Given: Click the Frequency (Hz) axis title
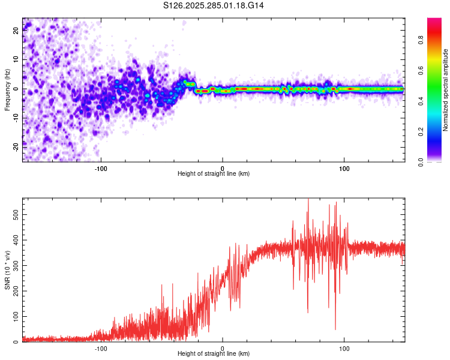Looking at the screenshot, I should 7,89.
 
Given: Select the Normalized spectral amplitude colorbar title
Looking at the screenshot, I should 445,89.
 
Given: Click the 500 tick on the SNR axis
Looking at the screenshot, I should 13,214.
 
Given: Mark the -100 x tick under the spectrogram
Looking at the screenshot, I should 100,167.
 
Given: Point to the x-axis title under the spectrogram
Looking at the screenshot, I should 214,174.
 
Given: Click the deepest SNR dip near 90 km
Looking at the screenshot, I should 335,329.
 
